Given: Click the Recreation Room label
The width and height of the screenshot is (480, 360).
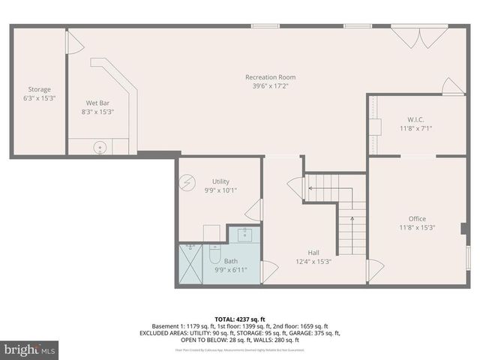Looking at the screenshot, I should click(270, 77).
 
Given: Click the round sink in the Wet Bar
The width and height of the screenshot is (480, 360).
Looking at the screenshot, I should click(99, 147).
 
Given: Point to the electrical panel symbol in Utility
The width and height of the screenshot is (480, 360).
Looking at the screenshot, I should click(188, 181).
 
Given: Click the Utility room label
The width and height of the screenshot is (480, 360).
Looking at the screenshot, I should click(220, 181).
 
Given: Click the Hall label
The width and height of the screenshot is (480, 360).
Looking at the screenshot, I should click(313, 252).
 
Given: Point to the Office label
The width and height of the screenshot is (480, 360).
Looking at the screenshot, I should click(417, 218).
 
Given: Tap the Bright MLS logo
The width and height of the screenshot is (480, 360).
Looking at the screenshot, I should click(30, 349).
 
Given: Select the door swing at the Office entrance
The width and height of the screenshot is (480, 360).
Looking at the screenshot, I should click(375, 270).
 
